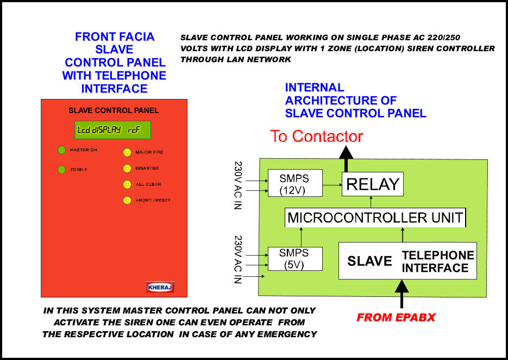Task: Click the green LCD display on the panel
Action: click(x=112, y=130)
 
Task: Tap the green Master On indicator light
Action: click(x=61, y=150)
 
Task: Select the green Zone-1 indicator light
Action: click(x=61, y=169)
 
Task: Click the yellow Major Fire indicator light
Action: click(x=127, y=152)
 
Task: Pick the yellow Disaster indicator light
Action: click(x=127, y=169)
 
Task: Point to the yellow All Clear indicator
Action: click(x=127, y=184)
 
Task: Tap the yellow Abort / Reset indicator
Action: click(x=127, y=200)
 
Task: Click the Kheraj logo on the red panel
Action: click(x=160, y=287)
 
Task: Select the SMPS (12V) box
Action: click(x=295, y=183)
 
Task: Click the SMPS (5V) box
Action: click(x=295, y=258)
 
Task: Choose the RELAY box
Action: click(x=373, y=184)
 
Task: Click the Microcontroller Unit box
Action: click(x=375, y=218)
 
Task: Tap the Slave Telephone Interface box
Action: click(x=407, y=260)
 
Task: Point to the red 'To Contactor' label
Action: click(x=316, y=136)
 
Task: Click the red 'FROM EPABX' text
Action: click(x=396, y=317)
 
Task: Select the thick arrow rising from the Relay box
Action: click(x=346, y=159)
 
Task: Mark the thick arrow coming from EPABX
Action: click(x=402, y=294)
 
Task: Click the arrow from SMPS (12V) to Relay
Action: click(x=333, y=185)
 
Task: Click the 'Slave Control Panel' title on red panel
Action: click(x=114, y=110)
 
